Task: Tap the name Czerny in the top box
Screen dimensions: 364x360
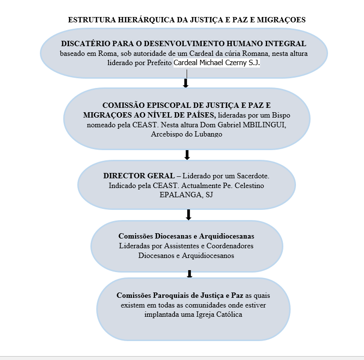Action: [234, 63]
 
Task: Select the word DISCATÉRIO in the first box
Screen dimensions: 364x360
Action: [86, 43]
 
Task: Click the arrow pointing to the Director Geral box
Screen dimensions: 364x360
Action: [187, 155]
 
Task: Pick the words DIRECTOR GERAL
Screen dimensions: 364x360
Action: [139, 176]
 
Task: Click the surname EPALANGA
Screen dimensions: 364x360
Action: [180, 195]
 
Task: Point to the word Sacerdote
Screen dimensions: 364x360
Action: [253, 176]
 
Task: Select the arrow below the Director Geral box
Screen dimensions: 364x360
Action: [189, 215]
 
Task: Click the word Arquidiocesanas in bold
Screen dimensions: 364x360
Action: [226, 236]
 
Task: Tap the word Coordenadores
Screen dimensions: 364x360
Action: [230, 246]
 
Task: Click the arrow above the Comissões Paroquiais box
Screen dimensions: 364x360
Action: [190, 274]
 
